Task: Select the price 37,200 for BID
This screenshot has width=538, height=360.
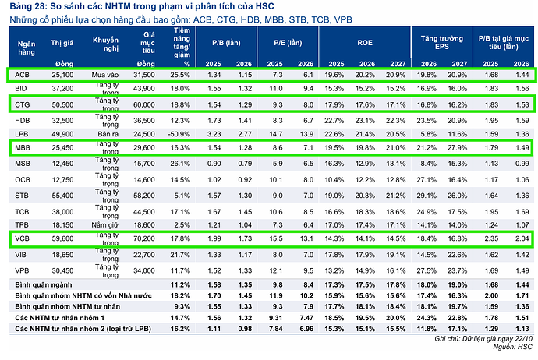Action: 62,90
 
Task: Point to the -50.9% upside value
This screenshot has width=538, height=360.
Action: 179,134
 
